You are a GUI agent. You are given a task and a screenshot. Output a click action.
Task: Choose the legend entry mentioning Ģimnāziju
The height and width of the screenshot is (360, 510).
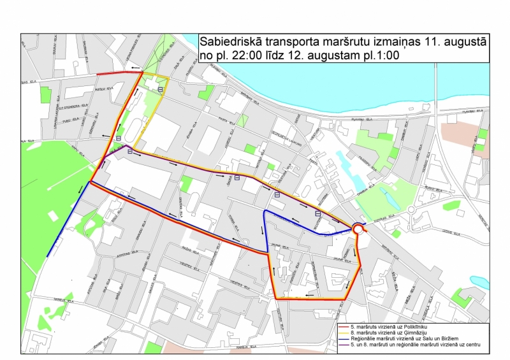[x=390, y=333]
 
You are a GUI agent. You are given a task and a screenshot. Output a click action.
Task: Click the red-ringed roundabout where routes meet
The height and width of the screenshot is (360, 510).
[x=358, y=229]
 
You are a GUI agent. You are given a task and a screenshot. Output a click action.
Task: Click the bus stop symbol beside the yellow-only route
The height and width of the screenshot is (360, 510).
[x=159, y=90]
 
